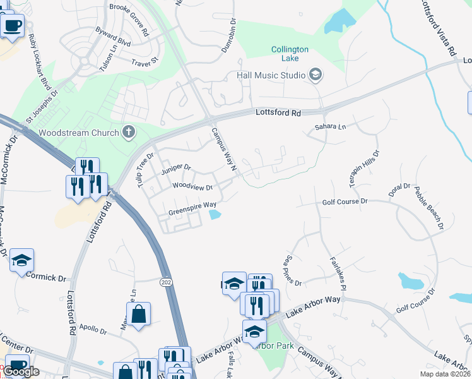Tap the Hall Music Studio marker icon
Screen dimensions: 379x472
[x=316, y=76]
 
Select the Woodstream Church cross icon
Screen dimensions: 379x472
[x=129, y=132]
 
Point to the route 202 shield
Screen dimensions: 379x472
[x=167, y=280]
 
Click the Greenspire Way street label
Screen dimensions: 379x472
[x=192, y=204]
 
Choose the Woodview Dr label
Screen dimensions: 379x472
[x=192, y=187]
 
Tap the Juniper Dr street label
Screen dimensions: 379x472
[x=175, y=169]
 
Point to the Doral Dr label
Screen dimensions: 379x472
[x=399, y=190]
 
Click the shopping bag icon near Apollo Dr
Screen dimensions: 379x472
[x=138, y=313]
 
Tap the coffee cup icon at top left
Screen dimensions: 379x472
[x=12, y=25]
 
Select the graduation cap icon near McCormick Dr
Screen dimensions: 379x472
[x=21, y=260]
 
